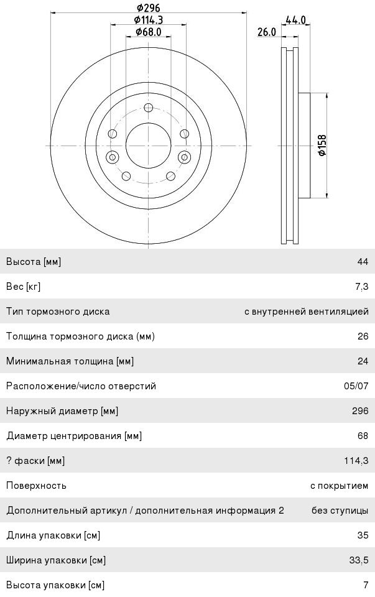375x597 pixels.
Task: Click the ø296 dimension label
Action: click(149, 8)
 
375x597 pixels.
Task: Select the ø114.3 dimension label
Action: click(149, 20)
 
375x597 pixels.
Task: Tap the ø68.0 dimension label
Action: click(149, 32)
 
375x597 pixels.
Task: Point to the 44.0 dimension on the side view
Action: click(295, 20)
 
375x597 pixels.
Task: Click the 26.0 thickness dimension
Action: click(267, 32)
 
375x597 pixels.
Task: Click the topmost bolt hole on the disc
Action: click(148, 108)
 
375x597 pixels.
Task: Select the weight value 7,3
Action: click(361, 287)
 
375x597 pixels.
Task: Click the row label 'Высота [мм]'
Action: click(34, 262)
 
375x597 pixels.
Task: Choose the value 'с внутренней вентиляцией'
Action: click(306, 312)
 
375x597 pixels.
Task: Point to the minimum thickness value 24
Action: click(363, 361)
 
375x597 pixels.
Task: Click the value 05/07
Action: click(356, 386)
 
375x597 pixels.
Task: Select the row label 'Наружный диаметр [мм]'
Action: click(62, 411)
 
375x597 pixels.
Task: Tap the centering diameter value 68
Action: click(363, 436)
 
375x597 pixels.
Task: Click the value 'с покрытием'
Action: click(339, 486)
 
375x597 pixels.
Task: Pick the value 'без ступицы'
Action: click(340, 511)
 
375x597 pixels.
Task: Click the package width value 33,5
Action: click(358, 560)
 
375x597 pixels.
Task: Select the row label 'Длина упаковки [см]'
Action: click(53, 535)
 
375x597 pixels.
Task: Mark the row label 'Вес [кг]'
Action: click(23, 287)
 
